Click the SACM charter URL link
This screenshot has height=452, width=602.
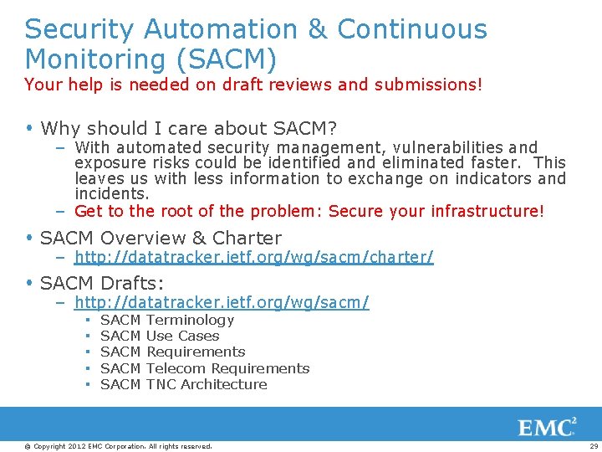pyautogui.click(x=253, y=257)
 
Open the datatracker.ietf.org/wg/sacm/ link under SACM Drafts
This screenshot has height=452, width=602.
pyautogui.click(x=222, y=301)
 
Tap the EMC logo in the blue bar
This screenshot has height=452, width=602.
pyautogui.click(x=547, y=427)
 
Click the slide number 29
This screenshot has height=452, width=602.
pyautogui.click(x=593, y=446)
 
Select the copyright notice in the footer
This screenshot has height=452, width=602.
pyautogui.click(x=118, y=446)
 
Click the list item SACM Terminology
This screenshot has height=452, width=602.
pyautogui.click(x=166, y=320)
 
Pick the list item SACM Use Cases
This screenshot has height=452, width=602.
pyautogui.click(x=159, y=336)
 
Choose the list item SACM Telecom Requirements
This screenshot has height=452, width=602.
pyautogui.click(x=204, y=368)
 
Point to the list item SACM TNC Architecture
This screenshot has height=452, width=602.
pyautogui.click(x=183, y=384)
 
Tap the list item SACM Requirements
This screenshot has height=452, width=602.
pyautogui.click(x=172, y=352)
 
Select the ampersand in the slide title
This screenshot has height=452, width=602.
pyautogui.click(x=318, y=29)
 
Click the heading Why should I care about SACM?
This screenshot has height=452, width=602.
pyautogui.click(x=188, y=128)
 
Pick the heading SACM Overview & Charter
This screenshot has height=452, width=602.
pyautogui.click(x=161, y=238)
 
